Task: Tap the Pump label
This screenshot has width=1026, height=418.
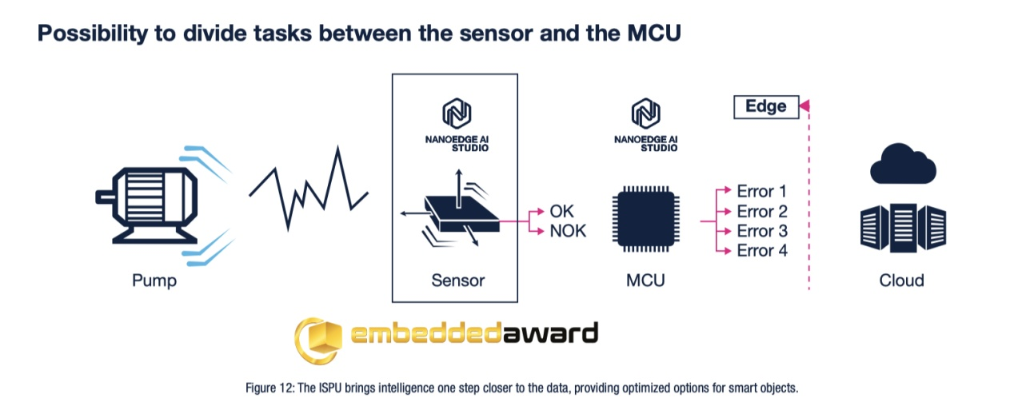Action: click(154, 281)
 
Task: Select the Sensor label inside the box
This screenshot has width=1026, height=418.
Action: click(457, 281)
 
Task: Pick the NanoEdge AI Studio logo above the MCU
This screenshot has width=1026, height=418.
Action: click(645, 125)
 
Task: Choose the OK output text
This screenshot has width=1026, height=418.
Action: click(562, 212)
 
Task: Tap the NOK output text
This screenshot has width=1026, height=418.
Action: click(568, 231)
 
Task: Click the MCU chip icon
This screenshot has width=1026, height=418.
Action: click(645, 221)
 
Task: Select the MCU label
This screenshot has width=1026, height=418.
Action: click(645, 281)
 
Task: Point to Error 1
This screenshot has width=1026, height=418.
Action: click(761, 192)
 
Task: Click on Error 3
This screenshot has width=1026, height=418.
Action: click(761, 231)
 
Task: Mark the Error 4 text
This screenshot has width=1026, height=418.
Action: click(761, 251)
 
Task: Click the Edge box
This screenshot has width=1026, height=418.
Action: click(765, 106)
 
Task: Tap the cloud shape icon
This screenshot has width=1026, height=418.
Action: click(901, 165)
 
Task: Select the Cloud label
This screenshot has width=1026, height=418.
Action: click(901, 281)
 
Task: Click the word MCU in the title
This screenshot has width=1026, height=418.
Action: click(645, 34)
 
